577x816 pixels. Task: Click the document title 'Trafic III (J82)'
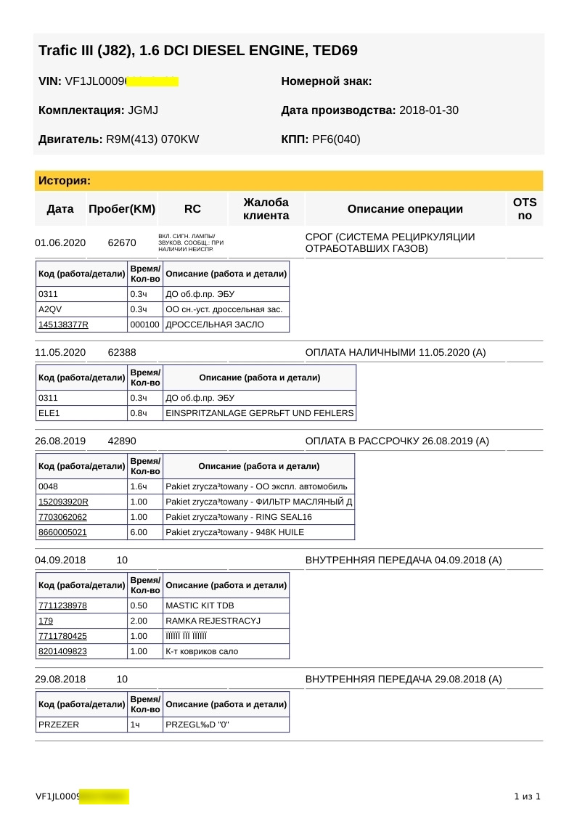pos(197,51)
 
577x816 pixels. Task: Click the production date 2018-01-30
pos(428,110)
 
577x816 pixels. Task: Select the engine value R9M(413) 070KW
pos(152,139)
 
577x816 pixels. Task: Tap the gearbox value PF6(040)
pos(336,139)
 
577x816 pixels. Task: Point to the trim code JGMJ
pos(143,110)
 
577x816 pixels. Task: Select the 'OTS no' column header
pos(525,209)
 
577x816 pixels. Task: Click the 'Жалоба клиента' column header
pos(266,209)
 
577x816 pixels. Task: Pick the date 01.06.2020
pos(60,242)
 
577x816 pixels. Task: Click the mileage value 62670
pos(122,242)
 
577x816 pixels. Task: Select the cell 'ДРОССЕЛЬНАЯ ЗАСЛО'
pos(215,325)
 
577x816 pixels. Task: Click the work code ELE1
pos(48,413)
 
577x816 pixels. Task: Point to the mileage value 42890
pos(122,441)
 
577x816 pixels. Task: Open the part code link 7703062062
pos(62,517)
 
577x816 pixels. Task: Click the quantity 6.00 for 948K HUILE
pos(139,532)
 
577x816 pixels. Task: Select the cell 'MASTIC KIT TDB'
pos(200,605)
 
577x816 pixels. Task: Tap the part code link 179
pos(45,621)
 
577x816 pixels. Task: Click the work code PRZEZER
pos(59,725)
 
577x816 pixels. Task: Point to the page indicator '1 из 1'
pos(527,796)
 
